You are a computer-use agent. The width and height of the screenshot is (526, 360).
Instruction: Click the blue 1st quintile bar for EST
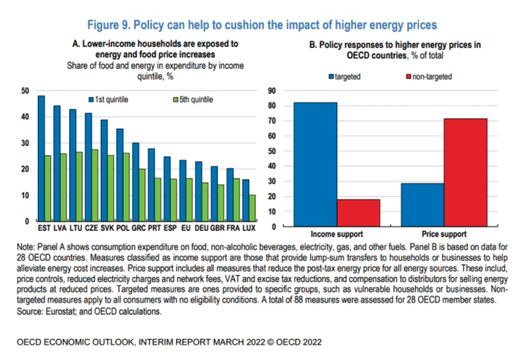41,158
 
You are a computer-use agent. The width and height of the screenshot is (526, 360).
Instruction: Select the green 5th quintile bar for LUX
252,208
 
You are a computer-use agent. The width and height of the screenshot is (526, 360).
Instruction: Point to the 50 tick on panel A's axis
25,91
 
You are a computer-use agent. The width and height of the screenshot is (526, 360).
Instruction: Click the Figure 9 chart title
263,25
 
